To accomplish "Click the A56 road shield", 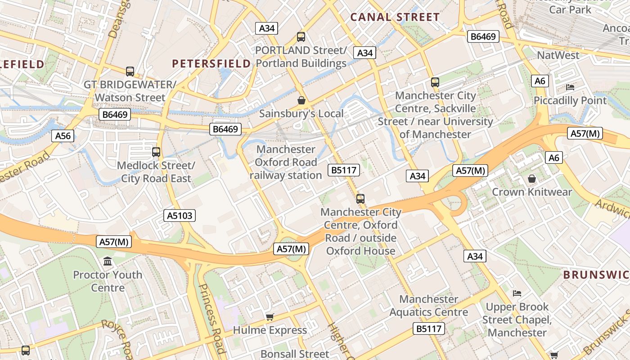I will [x=63, y=136].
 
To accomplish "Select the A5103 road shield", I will [x=180, y=216].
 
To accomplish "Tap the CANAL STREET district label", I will [x=395, y=17].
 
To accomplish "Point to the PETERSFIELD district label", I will [x=211, y=63].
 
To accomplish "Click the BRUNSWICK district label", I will [x=596, y=274].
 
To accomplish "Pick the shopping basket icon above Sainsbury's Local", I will [x=301, y=100].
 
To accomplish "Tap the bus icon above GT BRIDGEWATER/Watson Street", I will [x=130, y=71].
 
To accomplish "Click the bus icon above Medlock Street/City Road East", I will [x=156, y=152].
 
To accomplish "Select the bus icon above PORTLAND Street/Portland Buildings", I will [x=301, y=37].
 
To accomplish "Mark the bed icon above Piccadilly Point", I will [x=570, y=87].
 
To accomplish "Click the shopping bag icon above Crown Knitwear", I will [x=532, y=179].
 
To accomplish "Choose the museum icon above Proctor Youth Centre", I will [x=108, y=261].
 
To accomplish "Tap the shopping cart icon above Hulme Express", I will [x=270, y=317].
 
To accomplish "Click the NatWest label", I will [x=558, y=55].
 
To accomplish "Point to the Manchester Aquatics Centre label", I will [x=428, y=306].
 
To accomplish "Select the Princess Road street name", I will [x=211, y=317].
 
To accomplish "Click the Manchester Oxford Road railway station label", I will [x=285, y=162].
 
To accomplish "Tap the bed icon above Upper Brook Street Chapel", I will [x=517, y=293].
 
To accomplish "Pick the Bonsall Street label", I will [x=295, y=354].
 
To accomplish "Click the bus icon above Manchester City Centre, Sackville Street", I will [x=435, y=82].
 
